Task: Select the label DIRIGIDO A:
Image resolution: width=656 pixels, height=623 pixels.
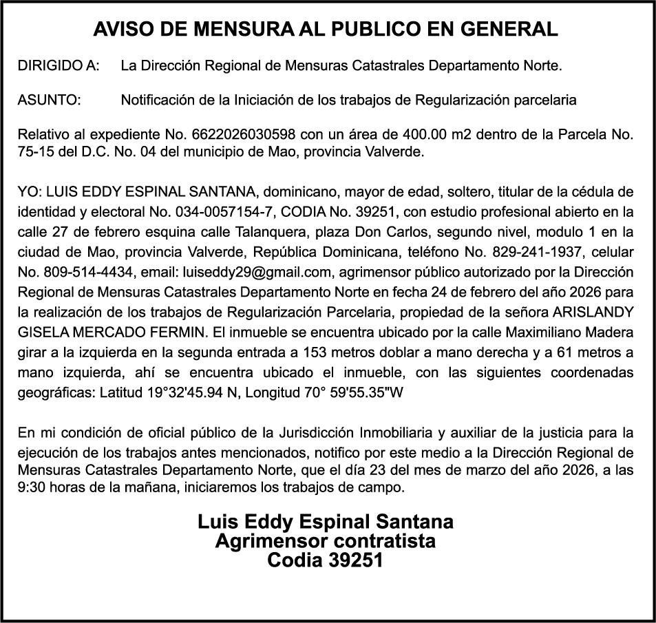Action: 59,67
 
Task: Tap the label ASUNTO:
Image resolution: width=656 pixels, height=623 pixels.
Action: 50,101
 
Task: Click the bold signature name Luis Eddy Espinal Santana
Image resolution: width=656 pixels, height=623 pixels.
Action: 326,521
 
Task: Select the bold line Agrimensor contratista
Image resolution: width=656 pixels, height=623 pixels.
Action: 326,541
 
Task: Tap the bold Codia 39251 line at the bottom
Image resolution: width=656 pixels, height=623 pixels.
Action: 325,560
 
